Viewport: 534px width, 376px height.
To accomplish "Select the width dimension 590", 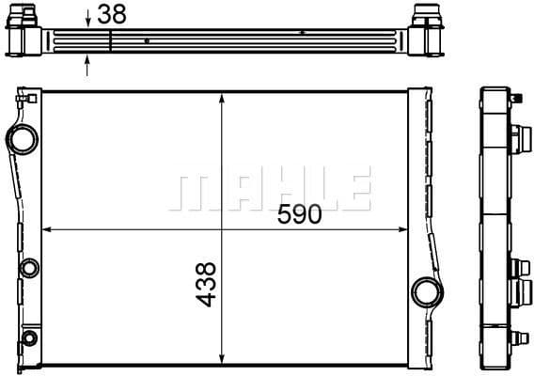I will coord(299,214).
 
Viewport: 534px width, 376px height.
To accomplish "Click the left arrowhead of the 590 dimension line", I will coord(47,229).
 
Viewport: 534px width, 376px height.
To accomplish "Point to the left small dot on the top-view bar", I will coord(149,41).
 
